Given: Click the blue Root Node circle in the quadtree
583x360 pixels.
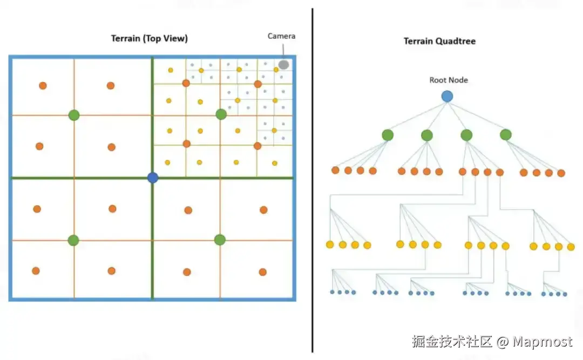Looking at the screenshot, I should (447, 97).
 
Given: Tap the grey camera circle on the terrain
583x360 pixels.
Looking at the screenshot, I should (283, 65).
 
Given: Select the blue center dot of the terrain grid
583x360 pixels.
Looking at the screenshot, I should (153, 178).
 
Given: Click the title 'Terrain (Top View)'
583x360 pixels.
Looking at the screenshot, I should (150, 38).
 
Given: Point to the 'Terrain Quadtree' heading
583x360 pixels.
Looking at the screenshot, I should (439, 41).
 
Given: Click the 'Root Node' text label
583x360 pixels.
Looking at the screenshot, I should (449, 80).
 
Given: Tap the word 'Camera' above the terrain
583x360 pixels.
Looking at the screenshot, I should (281, 36).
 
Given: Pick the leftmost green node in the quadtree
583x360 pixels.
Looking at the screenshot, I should (388, 135).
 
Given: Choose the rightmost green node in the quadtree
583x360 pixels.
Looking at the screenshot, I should (506, 134).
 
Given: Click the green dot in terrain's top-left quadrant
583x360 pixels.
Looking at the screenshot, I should (74, 115).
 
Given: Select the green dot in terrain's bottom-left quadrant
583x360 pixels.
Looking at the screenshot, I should (73, 240).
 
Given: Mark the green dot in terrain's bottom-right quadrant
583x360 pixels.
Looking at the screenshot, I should (220, 240).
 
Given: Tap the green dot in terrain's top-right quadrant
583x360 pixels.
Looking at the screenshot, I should (221, 114).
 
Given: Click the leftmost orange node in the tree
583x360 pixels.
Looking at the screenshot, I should (335, 171).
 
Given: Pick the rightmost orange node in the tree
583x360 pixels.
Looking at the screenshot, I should (561, 173).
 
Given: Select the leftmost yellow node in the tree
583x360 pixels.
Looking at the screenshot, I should (330, 244).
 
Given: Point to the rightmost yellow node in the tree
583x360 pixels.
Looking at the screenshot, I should (571, 247).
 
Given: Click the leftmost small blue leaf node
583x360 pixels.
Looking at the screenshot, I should (333, 292).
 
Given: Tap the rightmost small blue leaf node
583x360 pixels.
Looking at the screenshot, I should (565, 294).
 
